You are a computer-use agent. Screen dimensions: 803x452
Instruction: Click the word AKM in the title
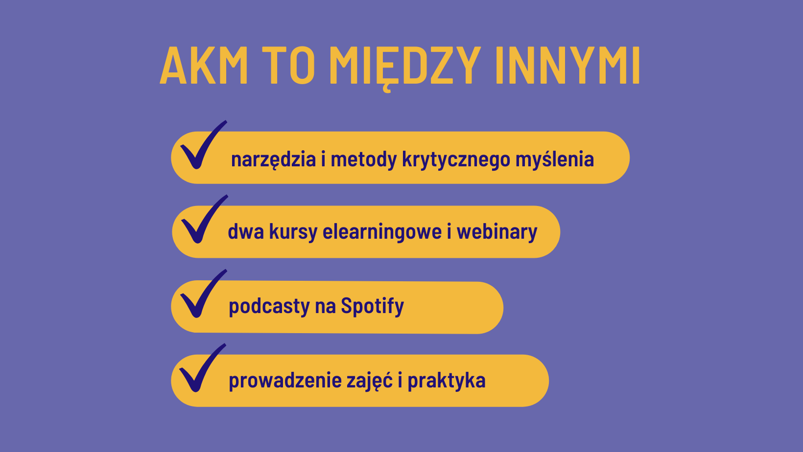204,65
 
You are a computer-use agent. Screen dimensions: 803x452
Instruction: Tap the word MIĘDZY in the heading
405,68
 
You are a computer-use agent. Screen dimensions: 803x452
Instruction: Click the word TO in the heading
288,65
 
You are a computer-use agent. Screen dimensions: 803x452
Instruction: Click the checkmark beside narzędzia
203,145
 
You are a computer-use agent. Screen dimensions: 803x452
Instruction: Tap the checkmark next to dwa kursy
204,219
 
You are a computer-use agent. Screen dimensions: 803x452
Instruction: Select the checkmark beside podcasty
203,294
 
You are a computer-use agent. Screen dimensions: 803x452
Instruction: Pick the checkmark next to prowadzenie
202,368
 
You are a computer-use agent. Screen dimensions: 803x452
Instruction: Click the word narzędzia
274,159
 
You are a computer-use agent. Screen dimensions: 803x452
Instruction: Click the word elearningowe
382,232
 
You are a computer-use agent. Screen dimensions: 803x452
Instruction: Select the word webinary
497,232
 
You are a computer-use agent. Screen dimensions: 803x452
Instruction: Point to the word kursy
293,232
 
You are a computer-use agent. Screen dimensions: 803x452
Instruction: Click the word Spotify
372,306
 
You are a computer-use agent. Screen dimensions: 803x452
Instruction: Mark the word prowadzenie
285,381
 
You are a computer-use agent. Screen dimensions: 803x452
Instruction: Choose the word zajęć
370,381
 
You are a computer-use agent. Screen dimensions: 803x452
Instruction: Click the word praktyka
447,381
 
